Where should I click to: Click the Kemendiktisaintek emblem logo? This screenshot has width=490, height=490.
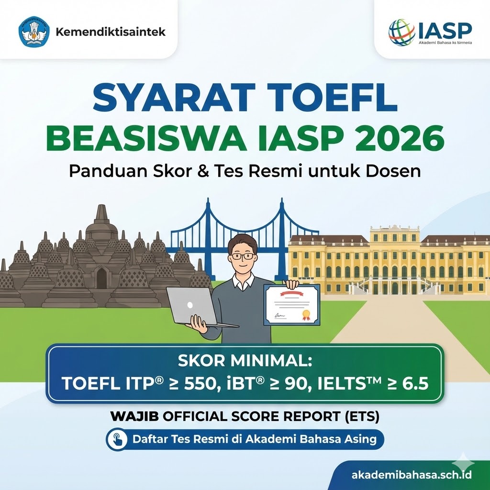coord(33,32)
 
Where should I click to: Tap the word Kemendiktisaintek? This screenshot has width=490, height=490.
coord(111,32)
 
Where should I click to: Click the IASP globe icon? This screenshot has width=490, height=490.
coord(401,32)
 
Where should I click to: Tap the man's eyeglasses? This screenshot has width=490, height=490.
coord(243,256)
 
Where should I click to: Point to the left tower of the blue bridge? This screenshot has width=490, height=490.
coord(207,225)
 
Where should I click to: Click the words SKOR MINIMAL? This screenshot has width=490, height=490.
coord(244,360)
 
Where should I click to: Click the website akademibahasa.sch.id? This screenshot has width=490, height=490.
coord(412,475)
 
